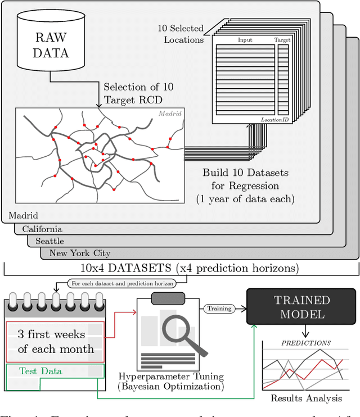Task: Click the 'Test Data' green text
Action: [x=40, y=371]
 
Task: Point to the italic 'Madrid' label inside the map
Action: [x=170, y=114]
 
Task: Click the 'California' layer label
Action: [x=42, y=229]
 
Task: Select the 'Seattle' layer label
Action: [x=50, y=241]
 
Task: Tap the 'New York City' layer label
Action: [x=80, y=253]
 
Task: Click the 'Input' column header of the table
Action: [x=245, y=40]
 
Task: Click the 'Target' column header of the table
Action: [x=282, y=40]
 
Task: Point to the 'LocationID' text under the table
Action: [x=275, y=120]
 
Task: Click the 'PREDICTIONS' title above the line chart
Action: [x=306, y=342]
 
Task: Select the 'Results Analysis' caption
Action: [x=306, y=398]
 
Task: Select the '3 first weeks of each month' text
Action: [x=55, y=342]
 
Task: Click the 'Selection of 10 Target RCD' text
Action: [x=138, y=93]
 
